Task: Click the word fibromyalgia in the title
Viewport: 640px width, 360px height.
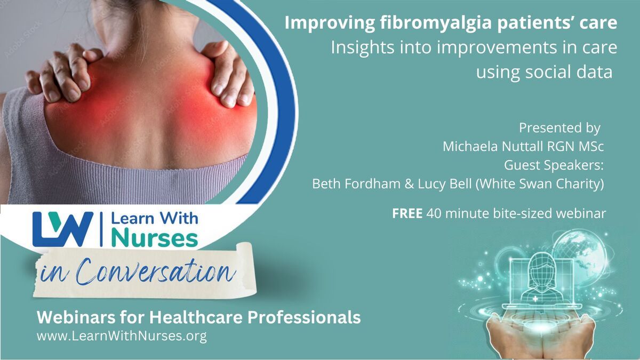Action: pos(436,23)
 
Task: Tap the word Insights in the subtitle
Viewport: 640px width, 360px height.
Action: pos(363,47)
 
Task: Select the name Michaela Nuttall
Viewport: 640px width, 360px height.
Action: pos(493,146)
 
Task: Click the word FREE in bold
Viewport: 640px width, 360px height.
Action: pos(407,213)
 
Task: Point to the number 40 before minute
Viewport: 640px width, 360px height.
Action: pos(434,213)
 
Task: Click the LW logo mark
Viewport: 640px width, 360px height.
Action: pos(63,229)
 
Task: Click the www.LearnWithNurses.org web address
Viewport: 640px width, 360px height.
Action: pos(122,336)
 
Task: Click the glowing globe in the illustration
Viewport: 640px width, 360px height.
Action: pos(582,255)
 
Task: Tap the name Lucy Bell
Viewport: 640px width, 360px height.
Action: pos(445,183)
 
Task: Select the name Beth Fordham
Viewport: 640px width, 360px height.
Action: pos(356,183)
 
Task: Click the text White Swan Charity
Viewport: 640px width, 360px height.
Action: pos(540,183)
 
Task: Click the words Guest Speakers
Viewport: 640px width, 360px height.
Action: pos(554,165)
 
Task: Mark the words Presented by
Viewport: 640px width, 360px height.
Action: pos(559,127)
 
